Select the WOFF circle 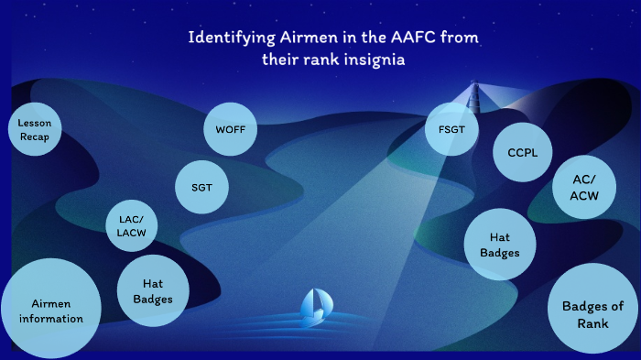pyautogui.click(x=230, y=129)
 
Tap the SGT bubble pyautogui.click(x=201, y=187)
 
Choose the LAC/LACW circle pyautogui.click(x=132, y=226)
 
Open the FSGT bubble pyautogui.click(x=451, y=129)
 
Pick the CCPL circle pyautogui.click(x=523, y=152)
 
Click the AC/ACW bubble pyautogui.click(x=584, y=190)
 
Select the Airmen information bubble pyautogui.click(x=50, y=311)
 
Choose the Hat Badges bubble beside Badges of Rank pyautogui.click(x=500, y=245)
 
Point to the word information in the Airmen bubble pyautogui.click(x=51, y=319)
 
